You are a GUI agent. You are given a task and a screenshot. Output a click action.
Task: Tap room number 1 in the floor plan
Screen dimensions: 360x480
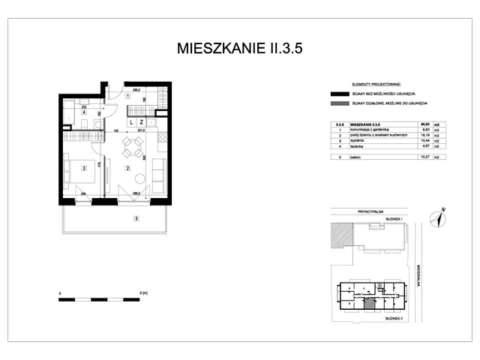tap(127, 97)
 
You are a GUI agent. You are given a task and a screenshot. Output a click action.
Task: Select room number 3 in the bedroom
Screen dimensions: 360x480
tap(85, 168)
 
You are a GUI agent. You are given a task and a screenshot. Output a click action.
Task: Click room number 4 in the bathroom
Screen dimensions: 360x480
tap(84, 113)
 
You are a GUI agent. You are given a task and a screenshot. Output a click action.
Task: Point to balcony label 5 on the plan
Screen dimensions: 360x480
tap(136, 219)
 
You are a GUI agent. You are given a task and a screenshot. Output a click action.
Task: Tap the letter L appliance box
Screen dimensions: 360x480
tap(131, 121)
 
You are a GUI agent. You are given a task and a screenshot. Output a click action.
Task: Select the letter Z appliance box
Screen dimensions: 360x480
tap(141, 121)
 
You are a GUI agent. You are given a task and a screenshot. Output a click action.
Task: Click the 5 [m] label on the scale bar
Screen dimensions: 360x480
tap(142, 293)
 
